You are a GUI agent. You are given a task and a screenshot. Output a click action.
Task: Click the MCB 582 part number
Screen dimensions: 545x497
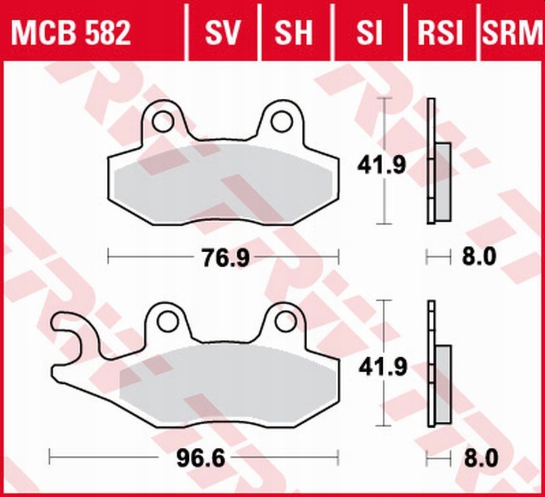pyautogui.click(x=71, y=33)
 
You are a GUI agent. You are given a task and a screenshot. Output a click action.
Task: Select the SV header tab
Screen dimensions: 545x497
pyautogui.click(x=222, y=33)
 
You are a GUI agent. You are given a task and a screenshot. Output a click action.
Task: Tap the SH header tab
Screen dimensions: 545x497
pyautogui.click(x=294, y=33)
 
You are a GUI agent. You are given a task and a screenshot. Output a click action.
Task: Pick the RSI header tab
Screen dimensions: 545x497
pyautogui.click(x=440, y=33)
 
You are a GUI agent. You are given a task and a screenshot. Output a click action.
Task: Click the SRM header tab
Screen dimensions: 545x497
pyautogui.click(x=513, y=33)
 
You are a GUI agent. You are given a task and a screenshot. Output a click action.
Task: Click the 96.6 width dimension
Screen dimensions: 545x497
pyautogui.click(x=201, y=458)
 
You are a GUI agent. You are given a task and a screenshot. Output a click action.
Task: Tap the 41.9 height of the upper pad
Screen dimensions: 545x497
pyautogui.click(x=382, y=165)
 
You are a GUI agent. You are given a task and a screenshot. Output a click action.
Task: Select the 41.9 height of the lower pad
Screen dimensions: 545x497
pyautogui.click(x=383, y=367)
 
